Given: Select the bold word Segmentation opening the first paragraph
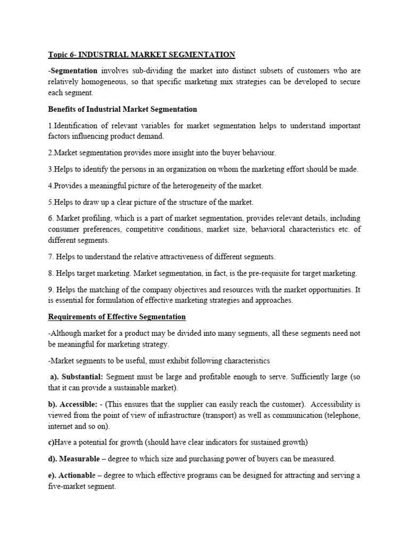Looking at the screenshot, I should point(74,71).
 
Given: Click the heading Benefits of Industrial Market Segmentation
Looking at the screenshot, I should point(122,109).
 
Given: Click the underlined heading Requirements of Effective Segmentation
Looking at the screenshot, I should point(117,317).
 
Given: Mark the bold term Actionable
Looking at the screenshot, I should point(77,476).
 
